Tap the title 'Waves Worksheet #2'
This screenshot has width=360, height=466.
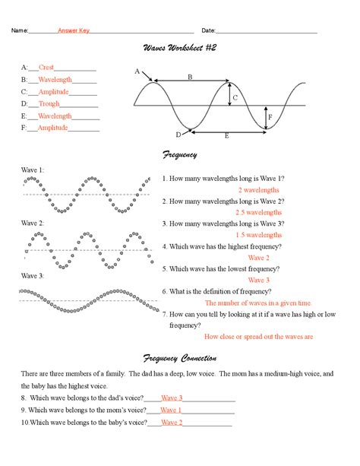(x=180, y=48)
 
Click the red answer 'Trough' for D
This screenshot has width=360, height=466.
(x=49, y=104)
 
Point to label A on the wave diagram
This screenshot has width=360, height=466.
(x=137, y=71)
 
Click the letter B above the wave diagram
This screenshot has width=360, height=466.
(x=190, y=77)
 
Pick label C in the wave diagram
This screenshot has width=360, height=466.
(x=235, y=97)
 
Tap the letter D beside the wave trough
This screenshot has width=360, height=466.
(x=178, y=135)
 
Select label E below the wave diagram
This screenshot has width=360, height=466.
(x=226, y=135)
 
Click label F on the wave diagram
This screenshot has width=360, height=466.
(x=270, y=118)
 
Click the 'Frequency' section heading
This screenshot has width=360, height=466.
(x=180, y=155)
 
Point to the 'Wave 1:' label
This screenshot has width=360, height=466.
(x=33, y=170)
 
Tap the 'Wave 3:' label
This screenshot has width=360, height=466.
(x=33, y=276)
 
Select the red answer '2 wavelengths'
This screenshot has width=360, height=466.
(x=259, y=189)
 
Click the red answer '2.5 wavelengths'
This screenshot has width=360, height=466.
(x=259, y=212)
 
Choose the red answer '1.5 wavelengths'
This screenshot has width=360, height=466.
(x=259, y=235)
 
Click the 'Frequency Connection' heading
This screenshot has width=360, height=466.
(x=180, y=358)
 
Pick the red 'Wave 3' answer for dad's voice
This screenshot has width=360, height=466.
(x=172, y=398)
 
